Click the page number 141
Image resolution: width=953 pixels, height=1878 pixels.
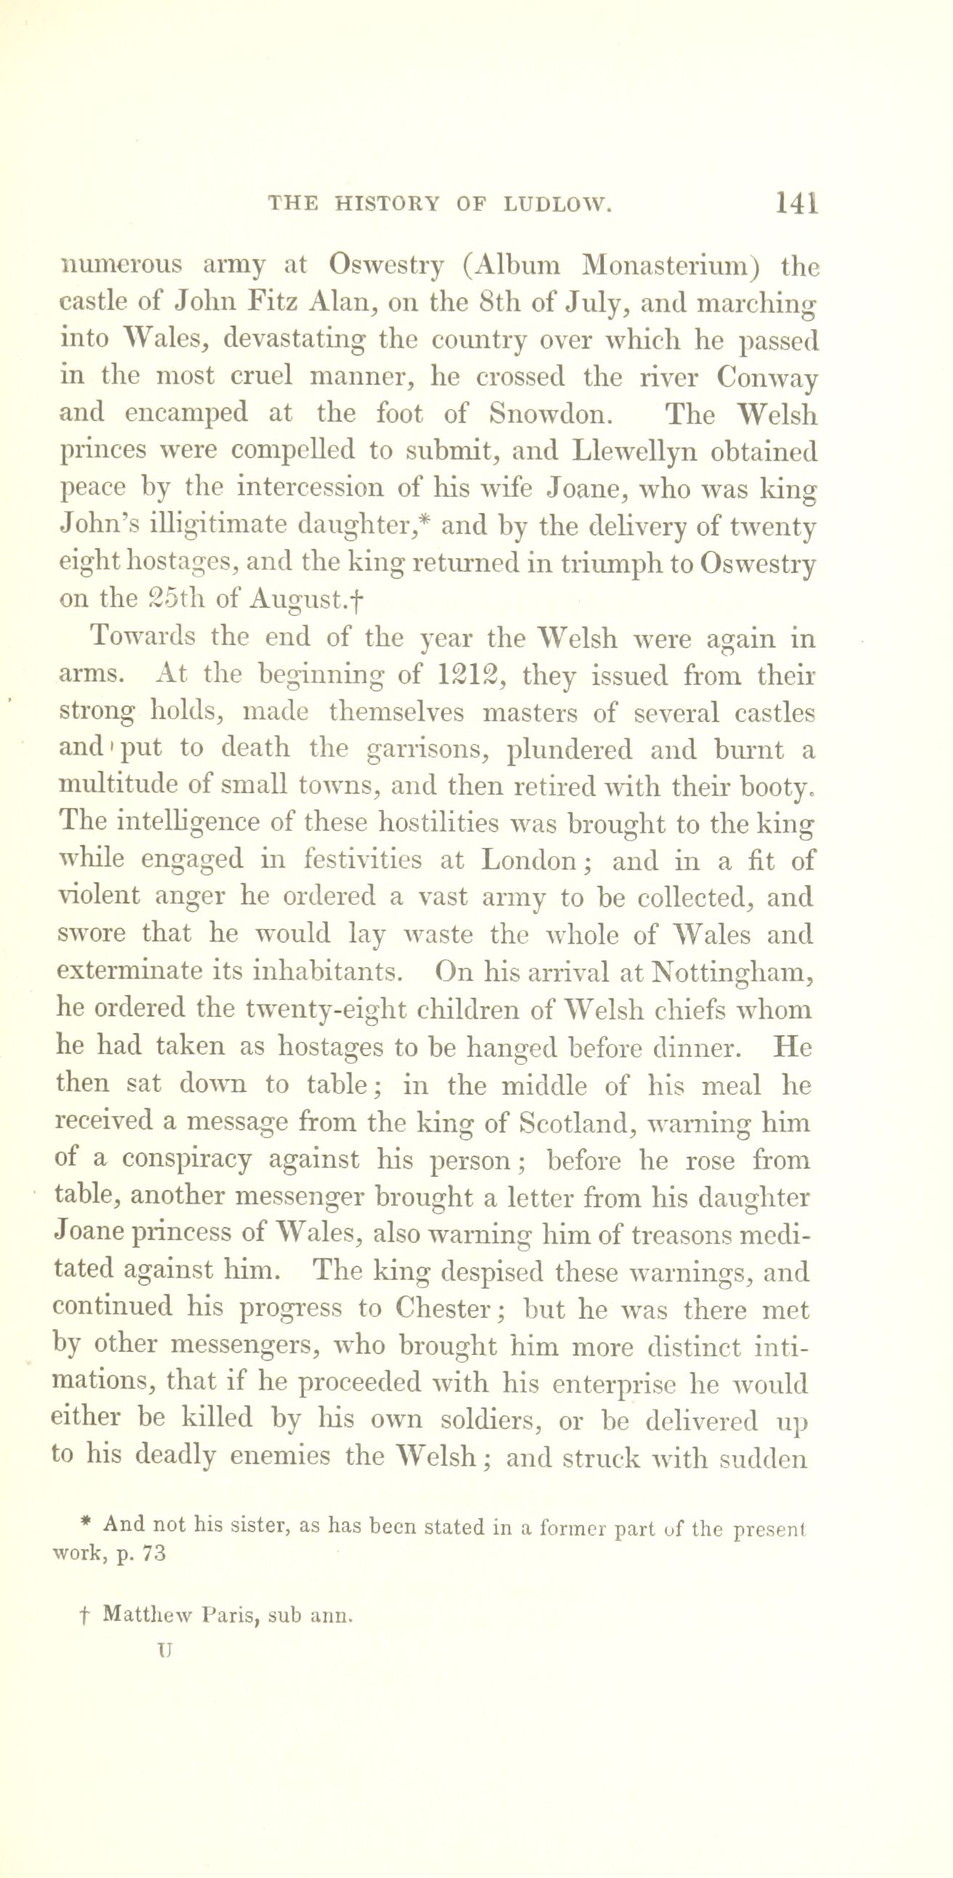(797, 203)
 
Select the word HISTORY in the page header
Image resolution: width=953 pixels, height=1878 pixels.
(388, 205)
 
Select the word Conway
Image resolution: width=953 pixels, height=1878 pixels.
(766, 377)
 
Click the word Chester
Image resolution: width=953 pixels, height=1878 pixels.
(446, 1309)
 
